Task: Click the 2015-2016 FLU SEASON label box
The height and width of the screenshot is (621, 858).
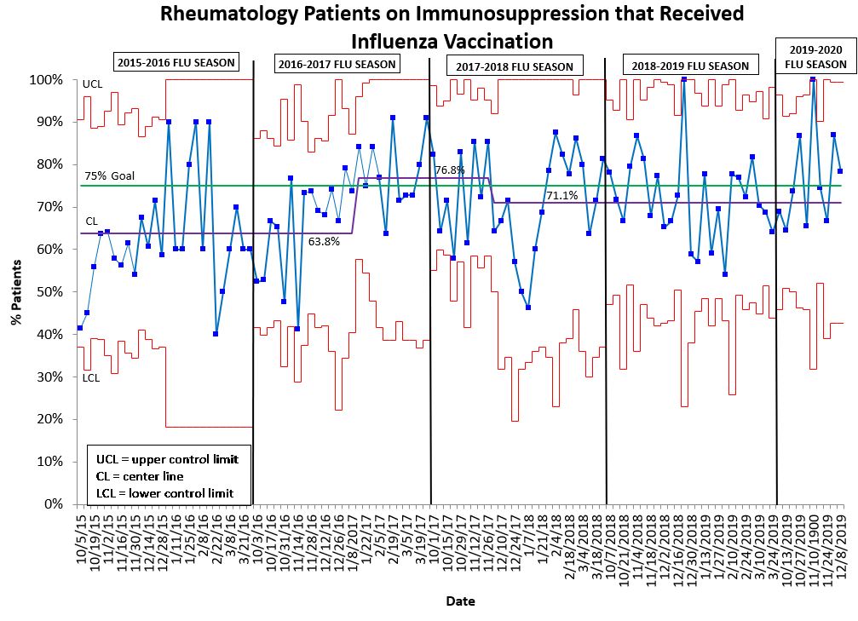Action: click(x=176, y=62)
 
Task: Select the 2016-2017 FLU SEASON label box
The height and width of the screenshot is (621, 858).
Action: click(x=337, y=64)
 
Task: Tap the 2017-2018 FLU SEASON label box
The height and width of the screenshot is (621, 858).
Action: click(x=515, y=66)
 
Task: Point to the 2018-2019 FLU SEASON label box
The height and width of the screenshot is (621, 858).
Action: click(x=690, y=66)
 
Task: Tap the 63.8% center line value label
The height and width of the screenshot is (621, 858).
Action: click(x=324, y=241)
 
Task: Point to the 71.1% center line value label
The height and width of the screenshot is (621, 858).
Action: click(x=562, y=196)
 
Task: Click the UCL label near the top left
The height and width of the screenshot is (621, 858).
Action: click(x=92, y=84)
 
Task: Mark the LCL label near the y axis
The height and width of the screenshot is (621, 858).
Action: click(x=91, y=377)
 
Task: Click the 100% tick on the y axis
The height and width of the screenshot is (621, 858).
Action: click(x=47, y=80)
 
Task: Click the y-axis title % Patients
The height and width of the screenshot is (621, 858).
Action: click(x=15, y=292)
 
